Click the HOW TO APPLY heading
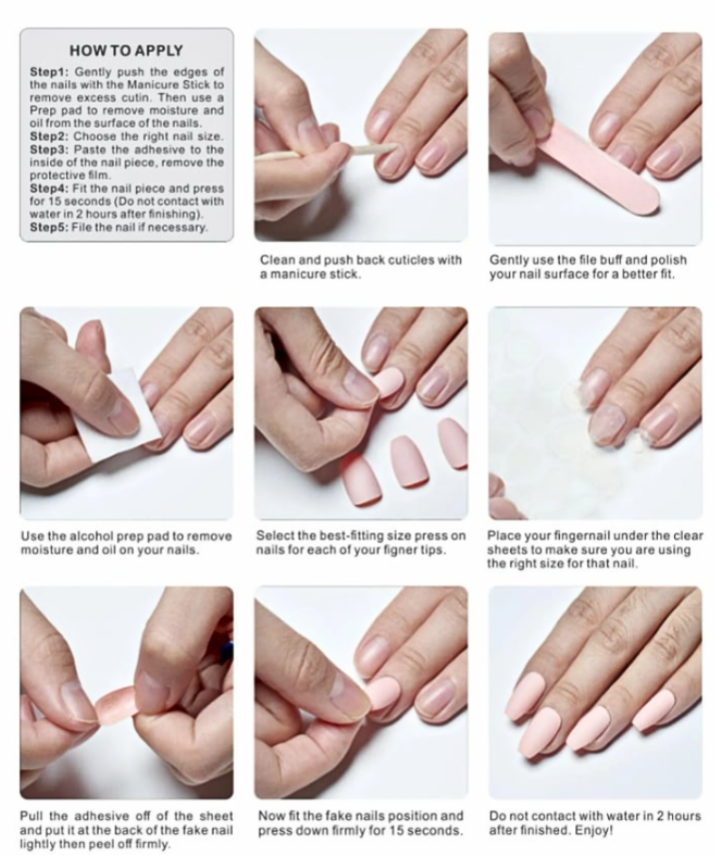pos(126,50)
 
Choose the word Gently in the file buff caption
pos(511,260)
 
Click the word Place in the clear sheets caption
pos(506,536)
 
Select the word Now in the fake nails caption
pos(272,816)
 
